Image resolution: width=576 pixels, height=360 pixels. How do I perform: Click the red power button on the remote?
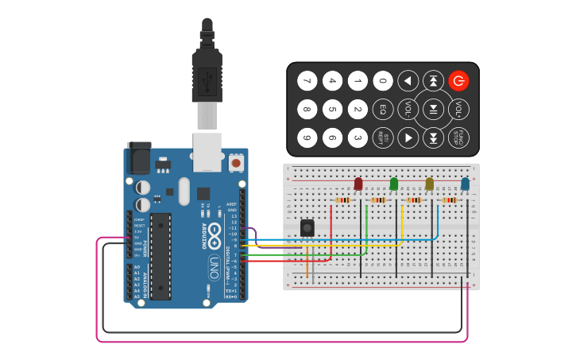tap(458, 80)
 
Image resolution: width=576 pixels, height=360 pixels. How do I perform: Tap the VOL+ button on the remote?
tap(459, 109)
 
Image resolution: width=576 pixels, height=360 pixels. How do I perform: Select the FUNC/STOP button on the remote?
tap(458, 137)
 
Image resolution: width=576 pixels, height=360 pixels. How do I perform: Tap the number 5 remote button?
tap(332, 109)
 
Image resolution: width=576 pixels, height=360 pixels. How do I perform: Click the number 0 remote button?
tap(383, 80)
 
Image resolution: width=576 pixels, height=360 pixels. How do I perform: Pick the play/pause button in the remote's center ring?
tap(433, 109)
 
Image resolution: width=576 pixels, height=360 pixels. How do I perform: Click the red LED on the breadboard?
tap(358, 184)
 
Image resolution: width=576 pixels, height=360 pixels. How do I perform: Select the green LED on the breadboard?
tap(394, 184)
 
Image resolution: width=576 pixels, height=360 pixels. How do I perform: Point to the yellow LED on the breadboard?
tap(430, 184)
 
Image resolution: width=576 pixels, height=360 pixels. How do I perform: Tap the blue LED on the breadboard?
tap(466, 184)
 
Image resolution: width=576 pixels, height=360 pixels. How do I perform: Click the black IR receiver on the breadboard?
tap(307, 228)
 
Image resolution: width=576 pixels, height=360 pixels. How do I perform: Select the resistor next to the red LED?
tap(343, 200)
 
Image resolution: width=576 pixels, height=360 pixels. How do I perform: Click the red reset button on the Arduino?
tap(236, 163)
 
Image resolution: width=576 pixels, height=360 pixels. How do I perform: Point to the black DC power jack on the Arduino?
tap(139, 157)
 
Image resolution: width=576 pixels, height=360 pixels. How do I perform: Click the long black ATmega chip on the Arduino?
tap(160, 256)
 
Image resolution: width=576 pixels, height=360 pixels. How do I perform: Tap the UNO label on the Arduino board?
tap(213, 267)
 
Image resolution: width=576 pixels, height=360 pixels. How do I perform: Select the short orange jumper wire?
tap(307, 268)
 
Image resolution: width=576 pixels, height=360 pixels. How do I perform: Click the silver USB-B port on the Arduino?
tap(207, 151)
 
